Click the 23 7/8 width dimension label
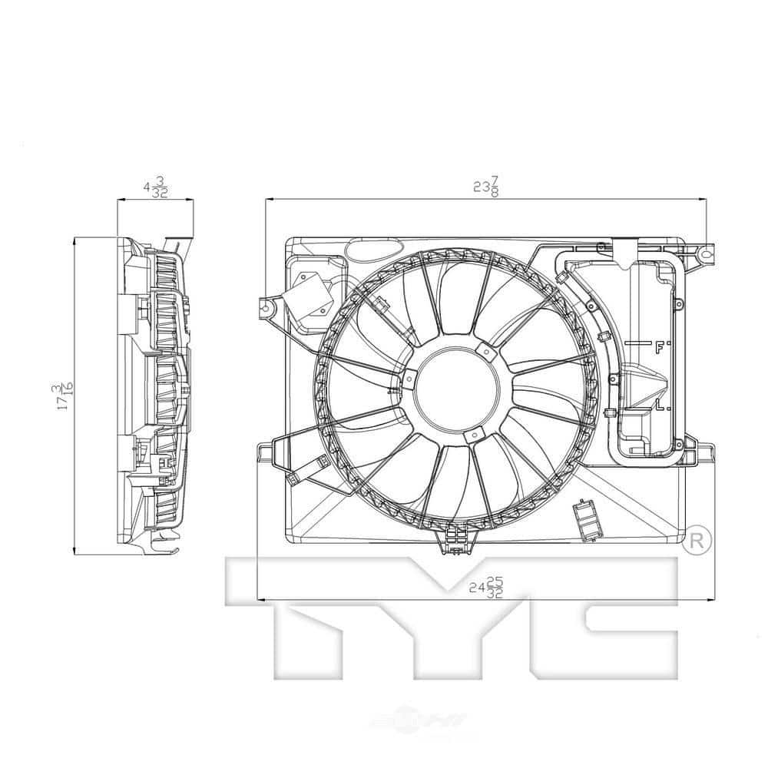pos(486,187)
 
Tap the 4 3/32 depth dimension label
pos(156,187)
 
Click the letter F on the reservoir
pos(659,348)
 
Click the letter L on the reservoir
pos(660,405)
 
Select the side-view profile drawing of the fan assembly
pos(154,395)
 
